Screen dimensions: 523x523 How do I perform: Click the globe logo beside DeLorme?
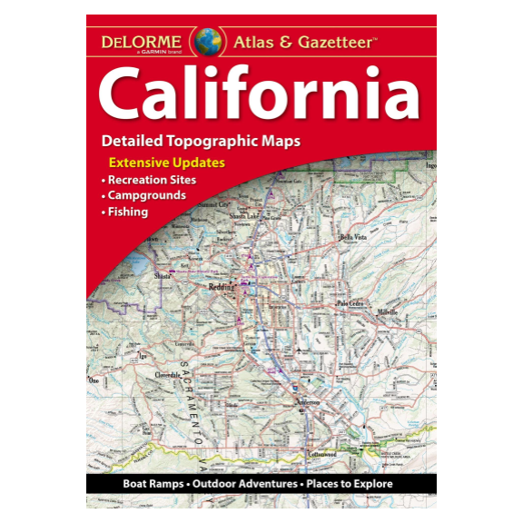pos(208,42)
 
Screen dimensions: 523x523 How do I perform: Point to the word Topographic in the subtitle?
pos(217,142)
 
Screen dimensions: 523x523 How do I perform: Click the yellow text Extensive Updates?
pos(167,163)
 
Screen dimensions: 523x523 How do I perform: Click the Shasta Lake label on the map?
pos(245,217)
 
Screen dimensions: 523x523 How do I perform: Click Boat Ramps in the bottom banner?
pos(152,485)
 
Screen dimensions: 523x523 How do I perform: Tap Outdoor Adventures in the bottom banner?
pos(243,485)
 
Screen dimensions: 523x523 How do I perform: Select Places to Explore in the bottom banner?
pos(350,485)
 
